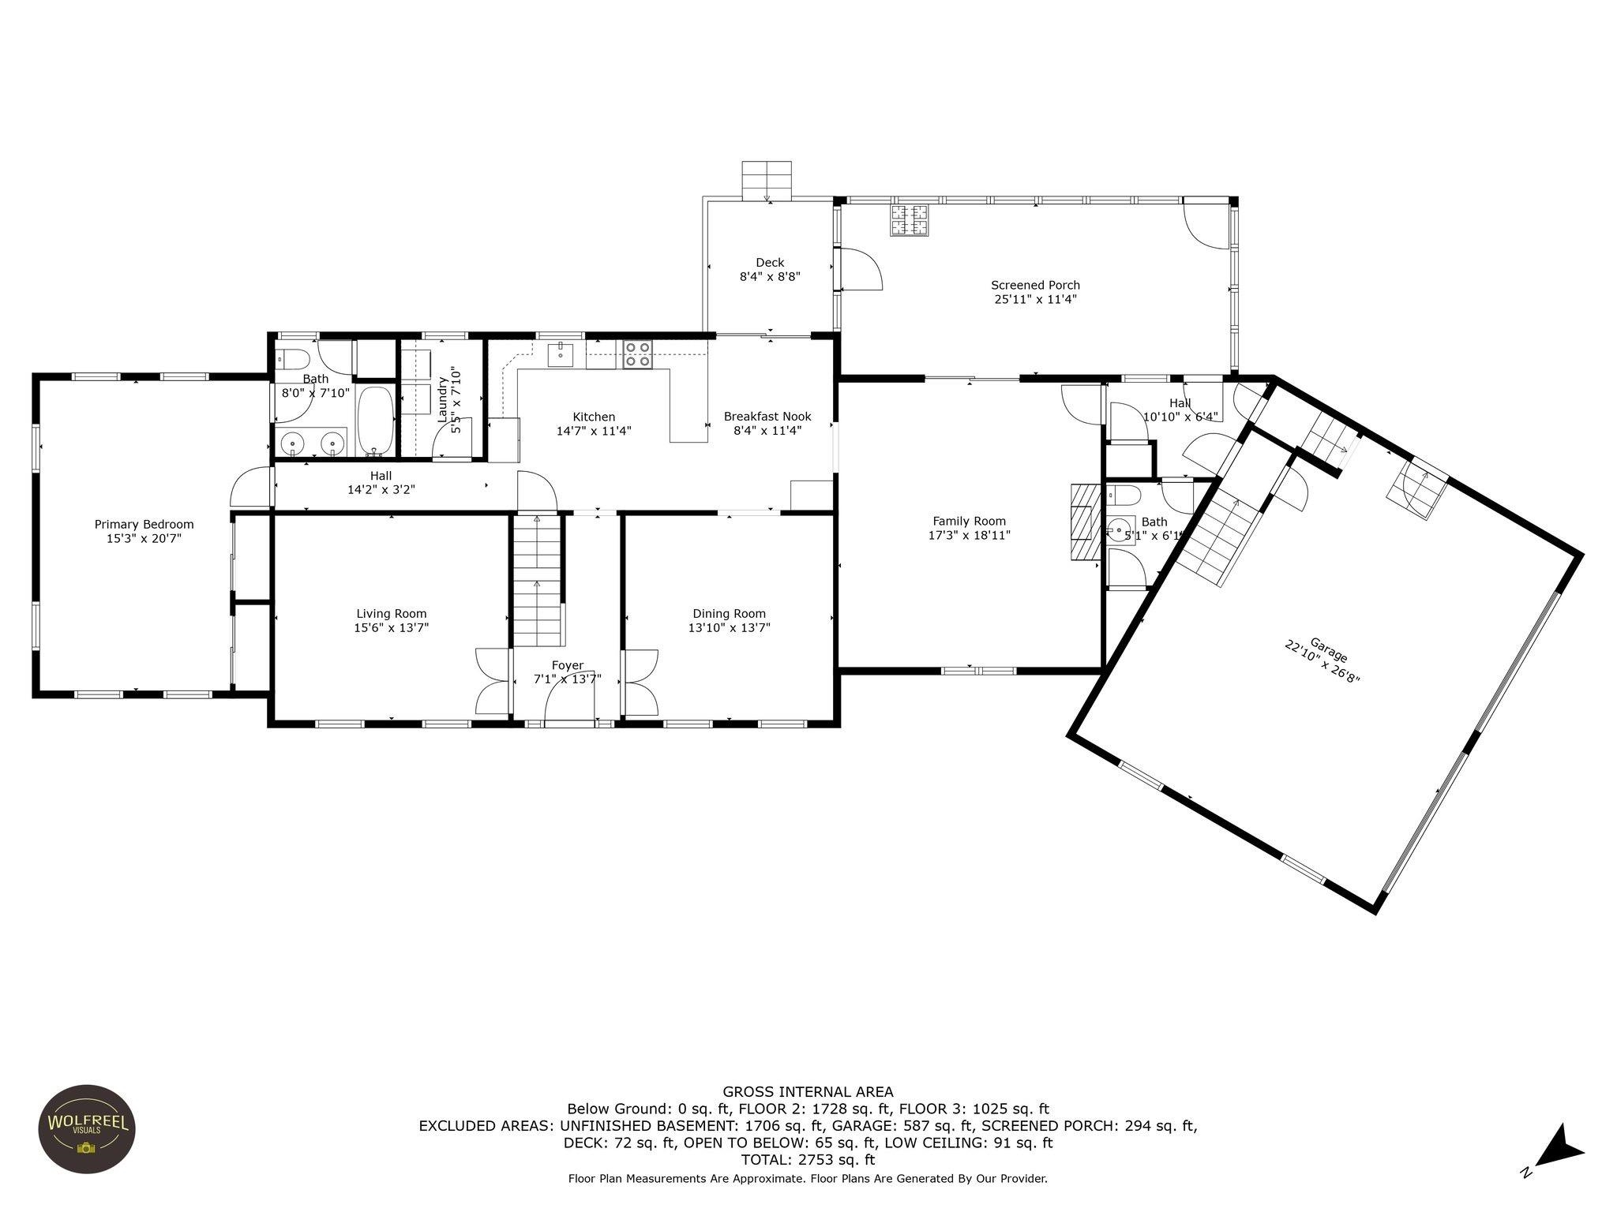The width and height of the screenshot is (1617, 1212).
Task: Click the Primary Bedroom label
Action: point(144,524)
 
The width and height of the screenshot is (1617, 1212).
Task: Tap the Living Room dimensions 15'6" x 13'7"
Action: point(392,628)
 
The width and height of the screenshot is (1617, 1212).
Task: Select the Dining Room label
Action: point(730,613)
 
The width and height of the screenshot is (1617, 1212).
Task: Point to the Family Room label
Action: point(970,521)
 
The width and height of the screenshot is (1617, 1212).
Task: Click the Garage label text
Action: point(1329,649)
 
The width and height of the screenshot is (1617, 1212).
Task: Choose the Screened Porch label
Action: point(1036,285)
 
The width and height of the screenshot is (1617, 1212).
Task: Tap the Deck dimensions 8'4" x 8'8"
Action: point(771,277)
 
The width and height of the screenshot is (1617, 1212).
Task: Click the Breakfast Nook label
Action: point(767,417)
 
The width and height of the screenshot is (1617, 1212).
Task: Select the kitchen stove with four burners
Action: point(639,355)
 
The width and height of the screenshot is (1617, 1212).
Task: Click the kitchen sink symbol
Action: point(561,355)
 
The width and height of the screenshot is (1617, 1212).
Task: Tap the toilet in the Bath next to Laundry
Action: point(292,359)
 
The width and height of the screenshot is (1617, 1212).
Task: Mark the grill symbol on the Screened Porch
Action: point(910,220)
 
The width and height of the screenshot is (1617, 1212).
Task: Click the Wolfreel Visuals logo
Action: point(87,1129)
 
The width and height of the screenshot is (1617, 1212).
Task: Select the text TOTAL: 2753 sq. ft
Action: point(808,1160)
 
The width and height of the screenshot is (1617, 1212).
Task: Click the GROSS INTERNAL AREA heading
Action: point(808,1092)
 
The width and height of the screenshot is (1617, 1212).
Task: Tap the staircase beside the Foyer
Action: point(539,580)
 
